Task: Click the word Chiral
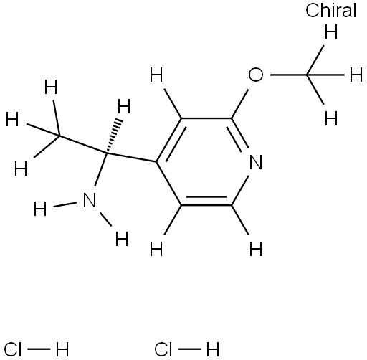tap(331, 11)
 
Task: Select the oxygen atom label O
tap(256, 75)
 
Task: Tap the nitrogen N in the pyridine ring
tap(256, 162)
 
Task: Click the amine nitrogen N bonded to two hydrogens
tap(90, 200)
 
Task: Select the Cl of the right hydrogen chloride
tap(163, 349)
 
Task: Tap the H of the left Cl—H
tap(62, 349)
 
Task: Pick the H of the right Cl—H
tap(213, 349)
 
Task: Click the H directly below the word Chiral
tap(331, 32)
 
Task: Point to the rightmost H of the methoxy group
tap(356, 75)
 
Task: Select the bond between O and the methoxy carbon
tap(289, 75)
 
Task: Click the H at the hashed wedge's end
tap(124, 106)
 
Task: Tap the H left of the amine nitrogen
tap(40, 209)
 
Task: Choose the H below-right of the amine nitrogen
tap(122, 238)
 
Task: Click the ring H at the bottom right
tap(256, 249)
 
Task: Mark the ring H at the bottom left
tap(156, 249)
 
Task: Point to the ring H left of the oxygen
tap(156, 75)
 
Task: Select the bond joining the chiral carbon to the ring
tap(131, 157)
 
